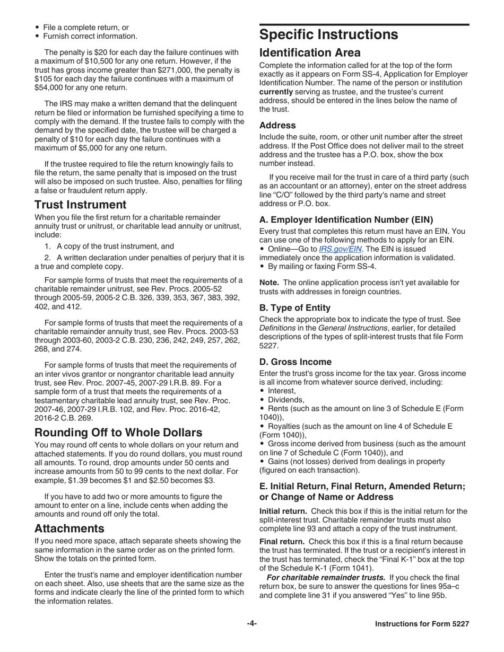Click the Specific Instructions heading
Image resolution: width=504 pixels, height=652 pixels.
328,35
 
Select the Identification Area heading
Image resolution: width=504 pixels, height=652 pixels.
310,53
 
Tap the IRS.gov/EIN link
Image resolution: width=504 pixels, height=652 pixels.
340,249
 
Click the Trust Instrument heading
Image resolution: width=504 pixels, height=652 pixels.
81,205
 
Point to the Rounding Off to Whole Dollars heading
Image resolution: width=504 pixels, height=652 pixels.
118,433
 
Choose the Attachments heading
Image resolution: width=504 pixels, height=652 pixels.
69,528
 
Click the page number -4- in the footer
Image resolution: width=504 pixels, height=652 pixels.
251,624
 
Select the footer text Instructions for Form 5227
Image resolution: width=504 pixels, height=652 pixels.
422,624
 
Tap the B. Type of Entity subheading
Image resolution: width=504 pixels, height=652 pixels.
294,308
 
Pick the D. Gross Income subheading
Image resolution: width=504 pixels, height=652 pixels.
295,362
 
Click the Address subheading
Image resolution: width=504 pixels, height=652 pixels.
277,126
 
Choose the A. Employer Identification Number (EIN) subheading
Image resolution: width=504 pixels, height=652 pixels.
346,219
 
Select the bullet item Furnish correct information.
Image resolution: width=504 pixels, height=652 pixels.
90,36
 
